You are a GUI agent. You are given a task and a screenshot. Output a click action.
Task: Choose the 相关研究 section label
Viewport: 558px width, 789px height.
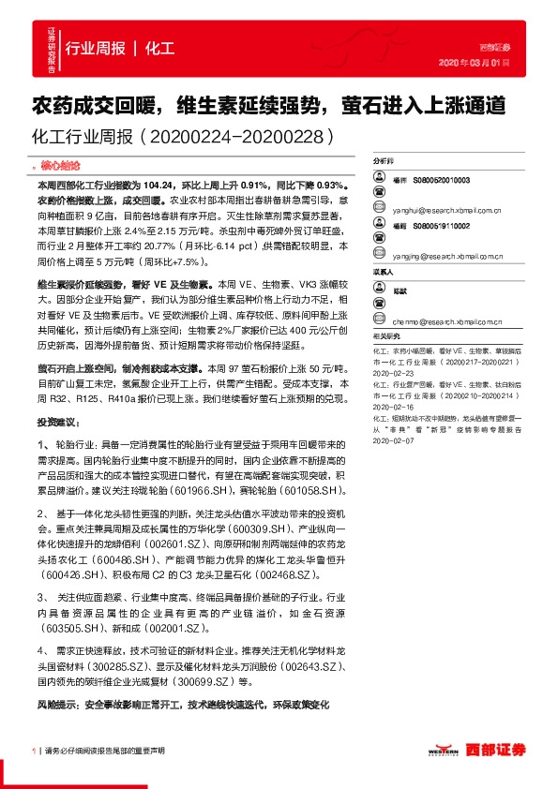(x=385, y=334)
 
